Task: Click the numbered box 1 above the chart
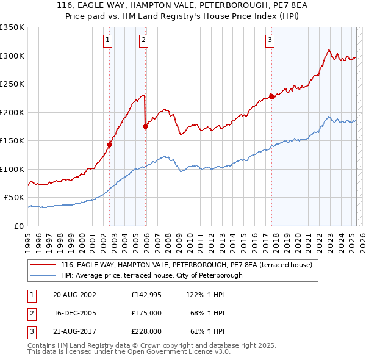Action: point(107,41)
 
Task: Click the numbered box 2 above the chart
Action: point(143,41)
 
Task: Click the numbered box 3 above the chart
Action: point(270,41)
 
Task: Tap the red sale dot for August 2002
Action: point(110,145)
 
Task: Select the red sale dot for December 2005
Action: point(146,126)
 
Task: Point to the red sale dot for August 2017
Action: point(272,96)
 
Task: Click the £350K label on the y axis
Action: point(12,27)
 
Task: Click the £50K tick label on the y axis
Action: point(15,198)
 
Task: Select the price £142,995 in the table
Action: point(145,294)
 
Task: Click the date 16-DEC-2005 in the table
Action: point(75,313)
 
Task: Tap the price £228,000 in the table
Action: point(146,332)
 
